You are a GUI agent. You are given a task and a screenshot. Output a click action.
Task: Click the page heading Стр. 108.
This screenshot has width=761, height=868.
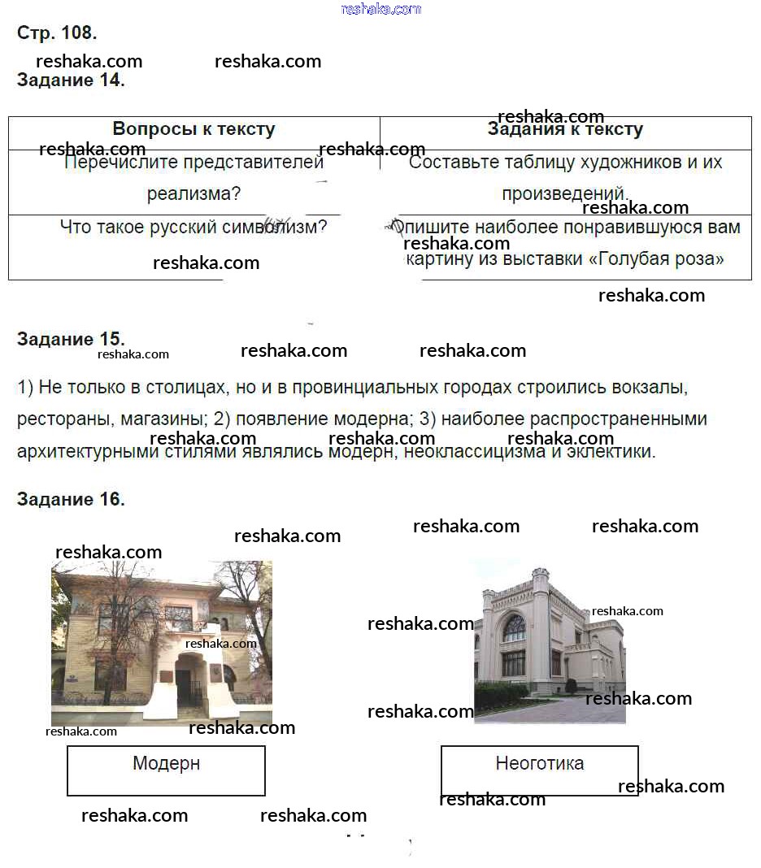(57, 33)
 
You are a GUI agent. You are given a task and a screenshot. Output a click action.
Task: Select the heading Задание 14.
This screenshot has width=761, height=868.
(71, 80)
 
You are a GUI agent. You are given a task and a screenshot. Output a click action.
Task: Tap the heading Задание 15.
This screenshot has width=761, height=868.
(71, 339)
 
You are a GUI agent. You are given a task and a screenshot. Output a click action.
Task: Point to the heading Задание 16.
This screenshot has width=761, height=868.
(71, 499)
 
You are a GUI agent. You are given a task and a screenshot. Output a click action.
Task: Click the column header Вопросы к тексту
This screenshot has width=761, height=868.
(194, 129)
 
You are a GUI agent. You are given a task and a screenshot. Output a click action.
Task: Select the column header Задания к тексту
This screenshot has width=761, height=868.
(565, 129)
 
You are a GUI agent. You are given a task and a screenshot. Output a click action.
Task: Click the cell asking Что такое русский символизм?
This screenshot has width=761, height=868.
(194, 227)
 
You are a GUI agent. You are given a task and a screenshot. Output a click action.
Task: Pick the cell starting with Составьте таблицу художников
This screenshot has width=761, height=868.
(565, 177)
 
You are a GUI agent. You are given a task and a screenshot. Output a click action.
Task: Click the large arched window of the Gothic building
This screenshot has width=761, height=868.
(513, 628)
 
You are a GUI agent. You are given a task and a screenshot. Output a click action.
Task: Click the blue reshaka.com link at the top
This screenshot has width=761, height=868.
(380, 9)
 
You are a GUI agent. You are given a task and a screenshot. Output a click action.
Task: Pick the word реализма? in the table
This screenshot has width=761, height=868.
(194, 194)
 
